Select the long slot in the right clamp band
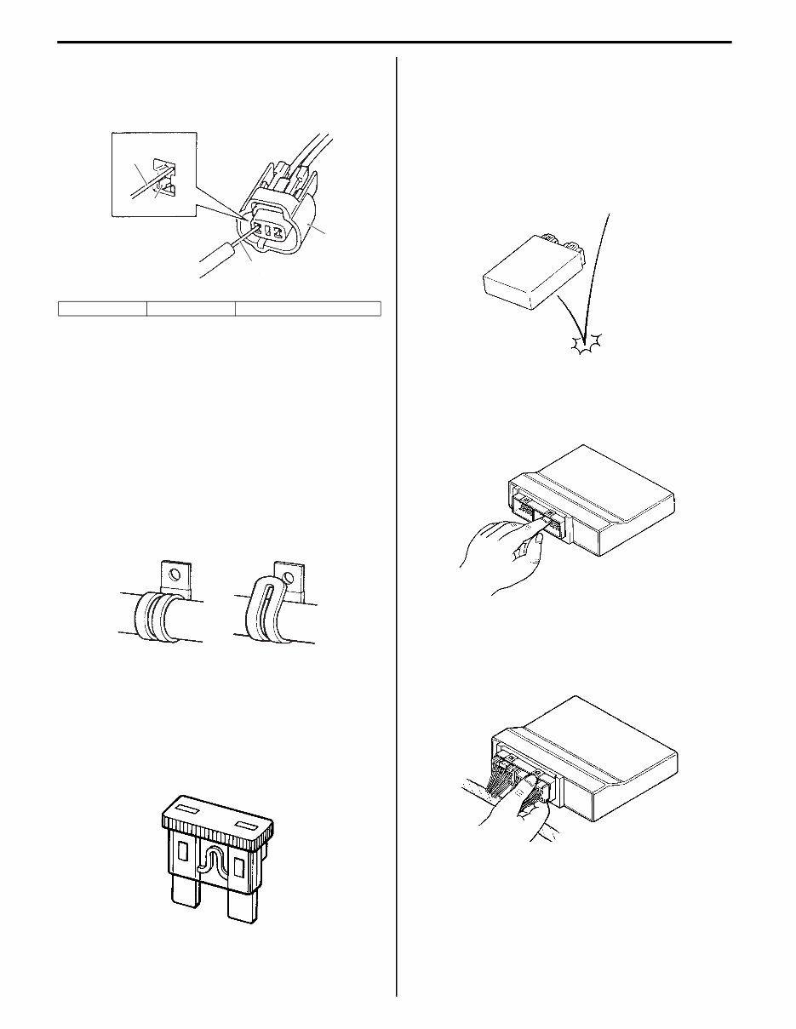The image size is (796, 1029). [262, 607]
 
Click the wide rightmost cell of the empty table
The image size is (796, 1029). [307, 308]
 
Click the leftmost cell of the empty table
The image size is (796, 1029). [102, 308]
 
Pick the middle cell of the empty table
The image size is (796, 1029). [191, 308]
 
